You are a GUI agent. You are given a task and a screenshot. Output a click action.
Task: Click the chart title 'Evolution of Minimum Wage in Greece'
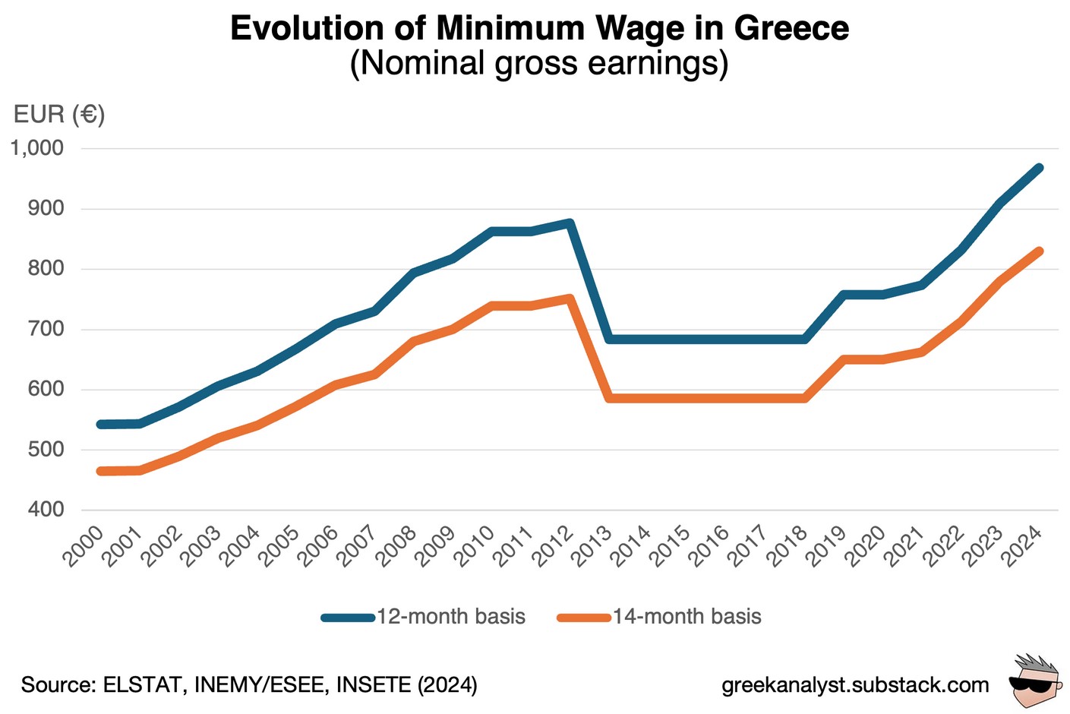pyautogui.click(x=539, y=29)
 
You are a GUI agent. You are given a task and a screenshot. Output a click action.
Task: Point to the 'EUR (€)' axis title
pyautogui.click(x=59, y=115)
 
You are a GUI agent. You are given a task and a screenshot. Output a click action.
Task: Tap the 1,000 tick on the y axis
pyautogui.click(x=37, y=148)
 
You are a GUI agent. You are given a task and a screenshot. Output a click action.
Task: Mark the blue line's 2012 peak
pyautogui.click(x=570, y=223)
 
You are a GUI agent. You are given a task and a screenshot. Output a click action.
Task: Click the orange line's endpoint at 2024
pyautogui.click(x=1039, y=251)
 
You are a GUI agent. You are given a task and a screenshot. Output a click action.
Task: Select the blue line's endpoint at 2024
pyautogui.click(x=1039, y=168)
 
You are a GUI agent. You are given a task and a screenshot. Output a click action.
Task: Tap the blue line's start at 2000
pyautogui.click(x=100, y=424)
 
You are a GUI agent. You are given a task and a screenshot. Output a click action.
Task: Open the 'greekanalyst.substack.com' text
pyautogui.click(x=855, y=684)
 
